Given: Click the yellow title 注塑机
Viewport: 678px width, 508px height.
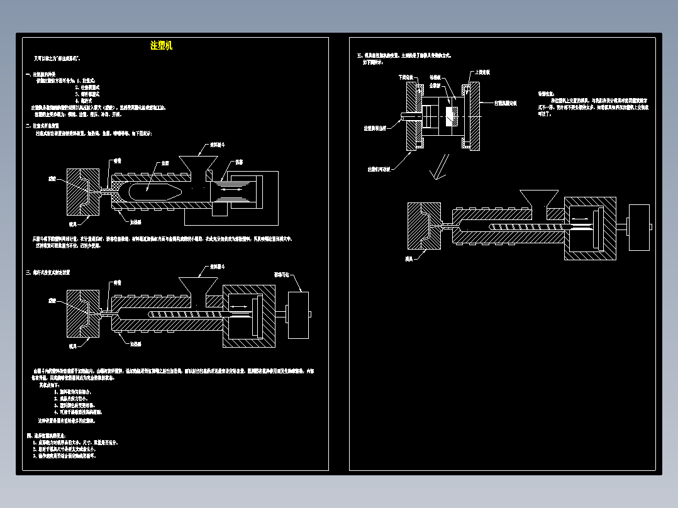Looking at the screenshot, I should [161, 45].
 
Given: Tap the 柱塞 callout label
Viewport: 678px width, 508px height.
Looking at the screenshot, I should [240, 162].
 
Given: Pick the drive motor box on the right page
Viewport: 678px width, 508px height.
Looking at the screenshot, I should [639, 227].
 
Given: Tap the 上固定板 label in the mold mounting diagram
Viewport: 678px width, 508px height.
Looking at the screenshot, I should [482, 72].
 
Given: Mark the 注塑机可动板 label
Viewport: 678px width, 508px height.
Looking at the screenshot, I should [382, 168].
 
